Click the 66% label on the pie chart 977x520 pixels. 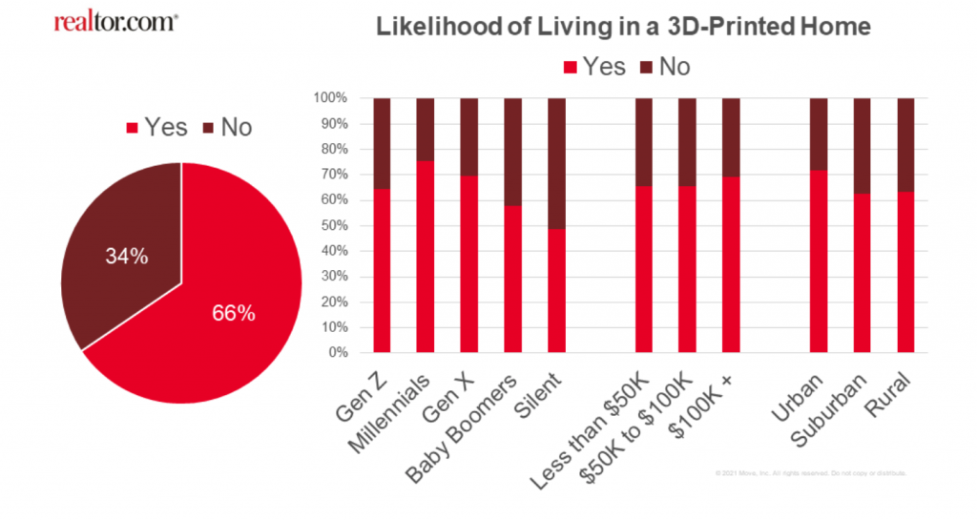234,313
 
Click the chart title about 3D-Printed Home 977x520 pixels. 623,27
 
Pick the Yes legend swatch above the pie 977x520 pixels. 134,128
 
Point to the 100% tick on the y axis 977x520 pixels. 335,98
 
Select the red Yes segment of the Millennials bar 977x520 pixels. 426,258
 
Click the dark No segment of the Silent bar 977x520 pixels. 556,162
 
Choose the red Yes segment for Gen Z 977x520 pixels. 382,272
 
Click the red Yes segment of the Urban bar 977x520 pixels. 819,262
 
